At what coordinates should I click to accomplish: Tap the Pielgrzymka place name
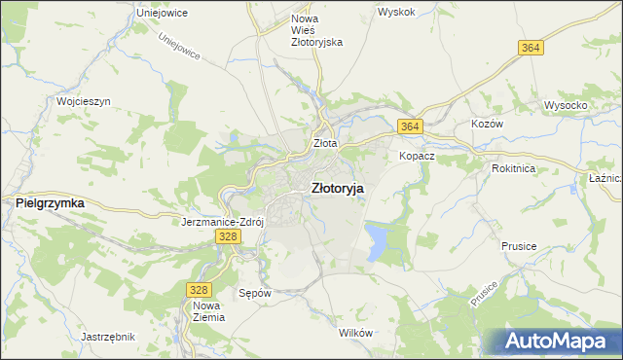point(50,203)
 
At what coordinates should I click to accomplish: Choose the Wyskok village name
point(396,13)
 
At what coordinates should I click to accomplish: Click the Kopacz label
point(417,156)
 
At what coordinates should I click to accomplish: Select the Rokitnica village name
point(515,167)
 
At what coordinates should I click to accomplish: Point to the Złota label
point(325,143)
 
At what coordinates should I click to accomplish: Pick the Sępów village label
point(255,292)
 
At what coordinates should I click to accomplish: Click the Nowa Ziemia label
point(208,311)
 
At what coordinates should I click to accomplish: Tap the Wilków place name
point(355,333)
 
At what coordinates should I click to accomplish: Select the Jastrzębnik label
point(108,336)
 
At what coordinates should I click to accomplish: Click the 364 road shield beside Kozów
point(410,126)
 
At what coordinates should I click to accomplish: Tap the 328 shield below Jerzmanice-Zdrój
point(228,236)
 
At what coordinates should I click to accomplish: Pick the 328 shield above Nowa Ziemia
point(198,290)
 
